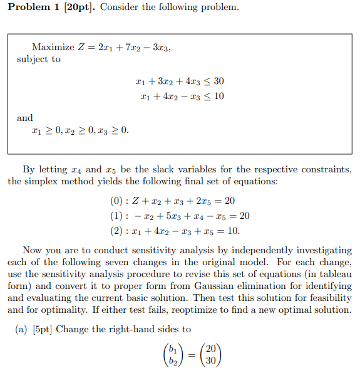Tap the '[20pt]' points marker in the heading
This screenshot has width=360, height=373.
(77, 8)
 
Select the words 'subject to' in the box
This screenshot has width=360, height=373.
(39, 60)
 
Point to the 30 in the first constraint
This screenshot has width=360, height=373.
(219, 81)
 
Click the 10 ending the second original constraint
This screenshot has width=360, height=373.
(219, 97)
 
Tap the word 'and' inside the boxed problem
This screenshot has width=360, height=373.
(25, 118)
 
